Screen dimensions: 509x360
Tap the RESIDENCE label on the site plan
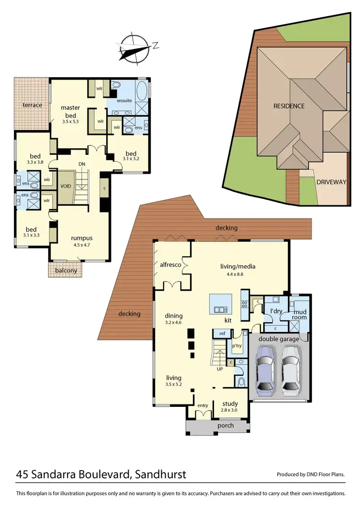click(289, 106)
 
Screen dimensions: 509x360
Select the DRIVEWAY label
click(331, 182)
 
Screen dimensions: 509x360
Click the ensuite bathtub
click(143, 92)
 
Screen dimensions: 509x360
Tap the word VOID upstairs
click(65, 186)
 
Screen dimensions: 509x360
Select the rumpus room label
click(82, 238)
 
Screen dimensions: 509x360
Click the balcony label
click(66, 271)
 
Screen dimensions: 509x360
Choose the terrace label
click(33, 105)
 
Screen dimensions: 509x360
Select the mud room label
click(300, 314)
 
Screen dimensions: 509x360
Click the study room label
click(230, 403)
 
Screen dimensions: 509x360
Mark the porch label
click(226, 426)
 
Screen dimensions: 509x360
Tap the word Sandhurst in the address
click(159, 475)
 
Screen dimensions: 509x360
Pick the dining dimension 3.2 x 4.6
click(174, 323)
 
